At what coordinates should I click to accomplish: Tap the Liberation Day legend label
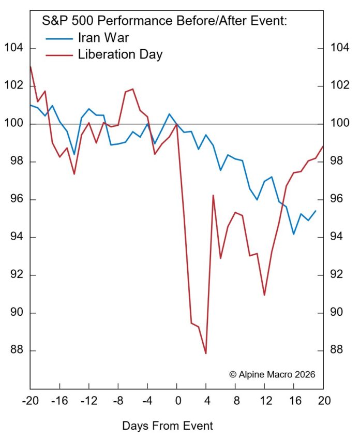point(120,54)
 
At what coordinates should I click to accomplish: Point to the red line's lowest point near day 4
point(206,354)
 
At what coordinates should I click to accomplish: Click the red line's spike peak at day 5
point(213,195)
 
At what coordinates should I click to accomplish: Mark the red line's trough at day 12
point(264,295)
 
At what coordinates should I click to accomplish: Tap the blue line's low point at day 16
point(294,234)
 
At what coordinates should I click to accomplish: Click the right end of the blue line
point(316,211)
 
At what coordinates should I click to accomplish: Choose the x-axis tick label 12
point(265,400)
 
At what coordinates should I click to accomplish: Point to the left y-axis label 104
point(14,49)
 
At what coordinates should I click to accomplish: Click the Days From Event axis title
point(168,426)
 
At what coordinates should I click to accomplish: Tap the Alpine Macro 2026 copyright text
point(272,374)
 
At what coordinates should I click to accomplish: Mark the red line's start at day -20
point(31,66)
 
